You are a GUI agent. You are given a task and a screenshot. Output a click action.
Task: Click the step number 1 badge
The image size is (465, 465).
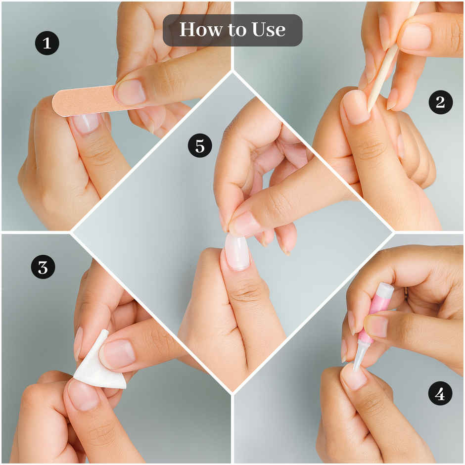click(x=47, y=43)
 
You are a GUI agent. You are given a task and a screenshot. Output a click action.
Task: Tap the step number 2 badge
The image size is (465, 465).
click(x=440, y=102)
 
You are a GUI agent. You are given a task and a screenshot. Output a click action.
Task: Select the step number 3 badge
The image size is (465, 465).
click(x=43, y=267)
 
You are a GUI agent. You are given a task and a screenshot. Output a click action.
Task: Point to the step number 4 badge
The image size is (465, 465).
click(x=440, y=394)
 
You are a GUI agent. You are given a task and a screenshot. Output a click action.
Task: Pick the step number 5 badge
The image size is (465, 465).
click(x=200, y=145)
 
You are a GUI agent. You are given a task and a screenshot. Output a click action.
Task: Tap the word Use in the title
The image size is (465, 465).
click(x=269, y=30)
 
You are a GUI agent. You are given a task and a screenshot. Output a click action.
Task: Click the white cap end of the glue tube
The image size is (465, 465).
click(x=385, y=289)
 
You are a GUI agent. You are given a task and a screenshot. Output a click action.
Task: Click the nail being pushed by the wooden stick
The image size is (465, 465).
click(x=356, y=107)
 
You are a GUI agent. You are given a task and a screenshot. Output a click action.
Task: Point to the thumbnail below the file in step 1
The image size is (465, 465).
click(x=86, y=123)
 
